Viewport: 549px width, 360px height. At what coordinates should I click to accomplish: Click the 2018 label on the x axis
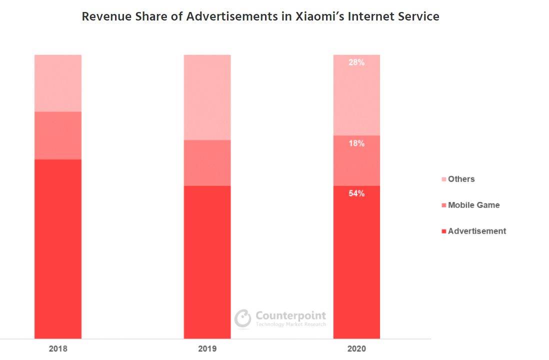[58, 348]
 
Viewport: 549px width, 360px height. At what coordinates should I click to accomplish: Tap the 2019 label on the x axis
[207, 348]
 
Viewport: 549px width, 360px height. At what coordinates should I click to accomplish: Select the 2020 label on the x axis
[356, 348]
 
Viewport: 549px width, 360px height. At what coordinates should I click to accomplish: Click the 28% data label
[356, 63]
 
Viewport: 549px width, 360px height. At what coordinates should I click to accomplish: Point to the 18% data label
[356, 143]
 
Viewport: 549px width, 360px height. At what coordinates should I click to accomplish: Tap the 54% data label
[356, 193]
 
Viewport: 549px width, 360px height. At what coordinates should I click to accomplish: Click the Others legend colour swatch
[443, 179]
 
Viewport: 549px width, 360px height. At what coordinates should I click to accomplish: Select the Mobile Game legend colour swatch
[443, 205]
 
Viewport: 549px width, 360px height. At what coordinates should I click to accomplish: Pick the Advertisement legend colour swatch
[443, 231]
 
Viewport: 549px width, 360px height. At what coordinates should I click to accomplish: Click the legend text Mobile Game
[473, 205]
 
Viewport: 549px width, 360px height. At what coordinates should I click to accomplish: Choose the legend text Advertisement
[477, 231]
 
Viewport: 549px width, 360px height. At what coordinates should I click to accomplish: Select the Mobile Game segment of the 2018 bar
[58, 135]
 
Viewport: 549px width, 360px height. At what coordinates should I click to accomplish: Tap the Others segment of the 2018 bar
[58, 83]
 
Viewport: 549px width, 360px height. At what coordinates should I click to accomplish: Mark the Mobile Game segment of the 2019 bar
[207, 163]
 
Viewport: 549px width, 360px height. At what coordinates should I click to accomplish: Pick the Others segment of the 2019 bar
[207, 97]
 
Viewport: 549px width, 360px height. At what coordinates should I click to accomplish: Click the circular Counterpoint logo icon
[243, 318]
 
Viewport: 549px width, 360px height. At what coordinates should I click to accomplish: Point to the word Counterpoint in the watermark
[290, 315]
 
